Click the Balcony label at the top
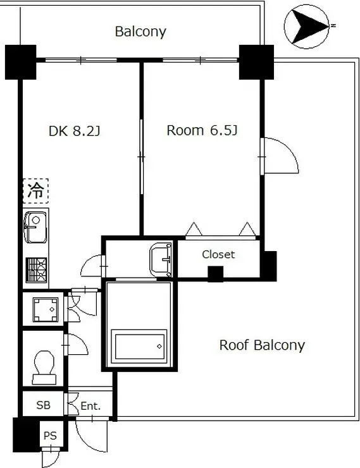(140, 32)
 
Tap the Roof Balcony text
(262, 345)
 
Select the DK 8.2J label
(74, 131)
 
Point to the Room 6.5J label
(202, 130)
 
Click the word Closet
(218, 255)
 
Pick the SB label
(43, 405)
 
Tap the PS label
(50, 436)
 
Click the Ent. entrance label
(90, 406)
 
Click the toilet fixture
(44, 367)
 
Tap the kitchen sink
(35, 227)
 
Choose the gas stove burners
(37, 270)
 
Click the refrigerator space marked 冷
(36, 191)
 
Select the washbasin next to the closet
(161, 260)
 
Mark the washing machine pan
(46, 309)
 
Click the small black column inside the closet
(216, 274)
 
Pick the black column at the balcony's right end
(256, 62)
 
